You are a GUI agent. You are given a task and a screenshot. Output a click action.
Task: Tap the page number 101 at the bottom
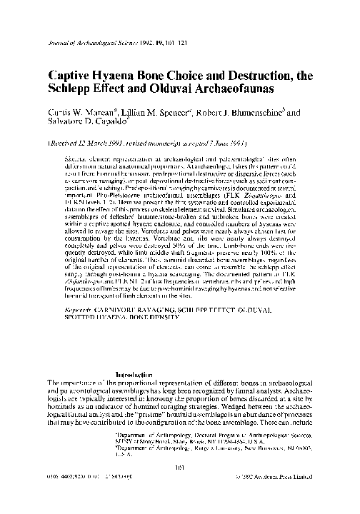179,488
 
